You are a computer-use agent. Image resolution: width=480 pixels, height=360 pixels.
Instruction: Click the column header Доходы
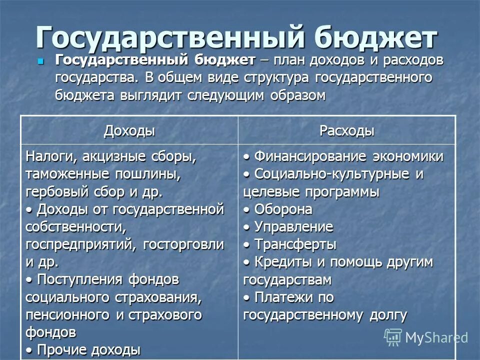click(x=129, y=131)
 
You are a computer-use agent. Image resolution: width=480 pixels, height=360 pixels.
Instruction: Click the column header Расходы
click(x=346, y=131)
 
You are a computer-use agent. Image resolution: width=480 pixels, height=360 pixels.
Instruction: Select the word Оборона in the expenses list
click(x=283, y=209)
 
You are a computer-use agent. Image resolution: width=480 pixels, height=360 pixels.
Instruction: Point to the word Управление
click(x=293, y=227)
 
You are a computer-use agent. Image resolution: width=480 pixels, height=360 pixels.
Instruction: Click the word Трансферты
click(x=295, y=245)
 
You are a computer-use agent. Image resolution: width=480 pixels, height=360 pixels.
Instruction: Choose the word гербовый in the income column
click(x=53, y=192)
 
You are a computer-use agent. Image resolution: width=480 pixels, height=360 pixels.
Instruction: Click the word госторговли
click(x=183, y=245)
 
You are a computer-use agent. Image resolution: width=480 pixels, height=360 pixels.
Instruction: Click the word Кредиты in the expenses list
click(x=283, y=262)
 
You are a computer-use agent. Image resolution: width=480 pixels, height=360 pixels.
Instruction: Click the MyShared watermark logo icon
click(x=393, y=336)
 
